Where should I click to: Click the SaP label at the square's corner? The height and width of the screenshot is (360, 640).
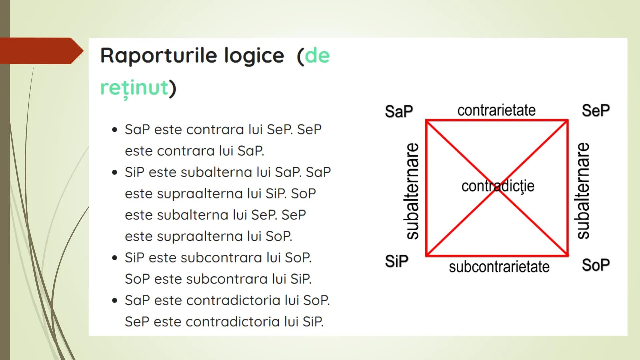(x=399, y=111)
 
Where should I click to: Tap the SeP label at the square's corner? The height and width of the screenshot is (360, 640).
(x=596, y=110)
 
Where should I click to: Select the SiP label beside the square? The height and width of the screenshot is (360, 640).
(x=396, y=261)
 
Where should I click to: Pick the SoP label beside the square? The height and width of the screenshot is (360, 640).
(x=596, y=265)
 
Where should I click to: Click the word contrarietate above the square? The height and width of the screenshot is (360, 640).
(x=496, y=110)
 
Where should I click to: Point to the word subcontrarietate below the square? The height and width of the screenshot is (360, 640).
(x=499, y=267)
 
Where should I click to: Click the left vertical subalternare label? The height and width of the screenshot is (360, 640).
(x=412, y=191)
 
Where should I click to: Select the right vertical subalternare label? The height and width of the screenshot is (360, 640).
(x=583, y=191)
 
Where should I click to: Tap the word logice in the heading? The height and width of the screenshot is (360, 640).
(x=254, y=55)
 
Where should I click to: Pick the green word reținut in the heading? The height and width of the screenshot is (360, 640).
(x=134, y=88)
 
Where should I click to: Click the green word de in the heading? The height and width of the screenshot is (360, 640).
(x=317, y=55)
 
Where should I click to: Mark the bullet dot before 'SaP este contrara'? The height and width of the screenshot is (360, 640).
(x=115, y=130)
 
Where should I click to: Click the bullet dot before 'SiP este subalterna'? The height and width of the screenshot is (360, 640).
(x=115, y=172)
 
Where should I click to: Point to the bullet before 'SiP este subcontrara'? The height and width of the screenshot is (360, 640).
(x=115, y=258)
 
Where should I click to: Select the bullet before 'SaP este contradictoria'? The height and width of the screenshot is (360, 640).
(x=115, y=300)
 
